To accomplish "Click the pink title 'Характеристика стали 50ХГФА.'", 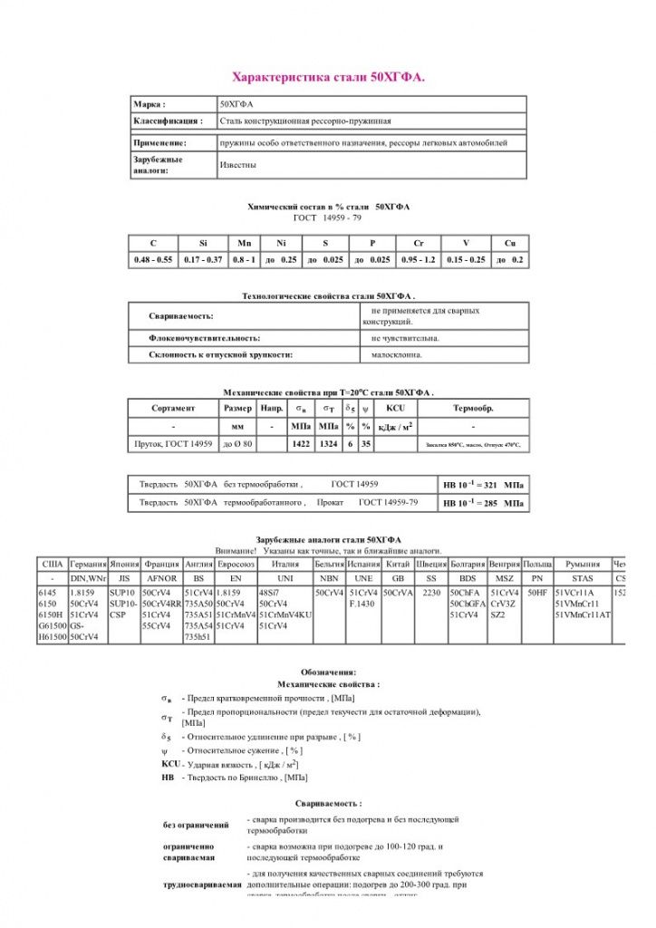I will [x=328, y=78].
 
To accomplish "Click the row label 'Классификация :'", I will [x=169, y=121].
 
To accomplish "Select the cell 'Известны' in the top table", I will [x=238, y=165].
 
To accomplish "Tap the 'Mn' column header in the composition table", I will [x=245, y=243].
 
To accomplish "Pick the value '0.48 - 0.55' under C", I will [x=153, y=260].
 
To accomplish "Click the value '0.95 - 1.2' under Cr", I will [x=418, y=260].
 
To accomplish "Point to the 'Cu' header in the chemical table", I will [x=509, y=243].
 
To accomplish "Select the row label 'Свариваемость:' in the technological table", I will [x=181, y=316].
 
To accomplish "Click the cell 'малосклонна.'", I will [x=397, y=355].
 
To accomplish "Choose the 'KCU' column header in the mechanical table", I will [x=395, y=408].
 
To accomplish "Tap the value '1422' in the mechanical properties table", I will [x=301, y=444].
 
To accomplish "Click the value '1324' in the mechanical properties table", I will [x=329, y=444].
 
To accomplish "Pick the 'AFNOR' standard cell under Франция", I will [x=161, y=578].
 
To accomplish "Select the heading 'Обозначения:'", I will [x=328, y=672].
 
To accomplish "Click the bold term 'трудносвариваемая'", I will [x=203, y=884].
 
